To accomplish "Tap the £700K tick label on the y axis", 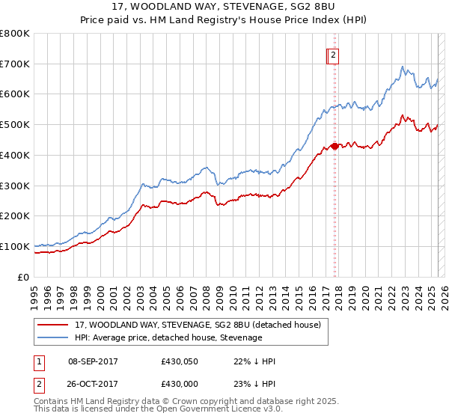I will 15,64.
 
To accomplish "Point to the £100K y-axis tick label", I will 15,246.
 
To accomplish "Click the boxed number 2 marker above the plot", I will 333,54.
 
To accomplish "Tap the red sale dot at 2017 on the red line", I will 334,146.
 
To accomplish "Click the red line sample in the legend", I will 52,325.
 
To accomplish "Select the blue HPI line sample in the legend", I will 52,337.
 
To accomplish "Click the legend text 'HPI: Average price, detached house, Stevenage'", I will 168,337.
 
